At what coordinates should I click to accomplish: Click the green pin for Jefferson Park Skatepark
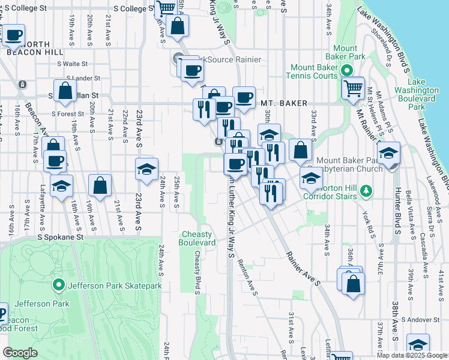59,285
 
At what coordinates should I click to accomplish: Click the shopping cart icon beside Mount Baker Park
352,88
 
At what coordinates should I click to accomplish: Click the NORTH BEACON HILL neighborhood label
27,48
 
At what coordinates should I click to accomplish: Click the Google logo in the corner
20,353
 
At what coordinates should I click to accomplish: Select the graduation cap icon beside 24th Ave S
145,170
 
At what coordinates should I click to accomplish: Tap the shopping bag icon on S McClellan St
65,91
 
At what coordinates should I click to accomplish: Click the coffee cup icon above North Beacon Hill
14,36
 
